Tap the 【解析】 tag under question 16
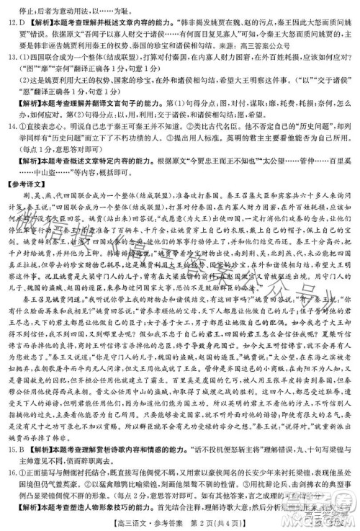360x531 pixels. pos(32,501)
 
